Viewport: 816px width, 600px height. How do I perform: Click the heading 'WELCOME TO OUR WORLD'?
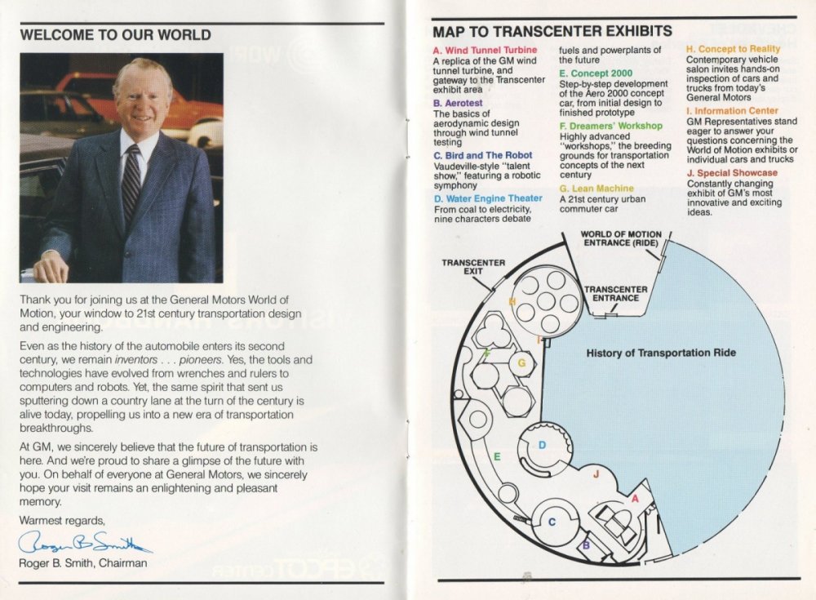tap(115, 35)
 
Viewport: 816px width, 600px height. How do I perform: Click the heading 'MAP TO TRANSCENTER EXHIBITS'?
tap(552, 32)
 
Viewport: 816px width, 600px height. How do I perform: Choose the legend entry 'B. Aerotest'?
tap(458, 104)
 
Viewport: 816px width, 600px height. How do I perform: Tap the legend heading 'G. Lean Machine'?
tap(596, 189)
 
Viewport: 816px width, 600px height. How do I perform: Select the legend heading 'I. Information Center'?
tap(732, 110)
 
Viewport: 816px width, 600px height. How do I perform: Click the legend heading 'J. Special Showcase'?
tap(732, 173)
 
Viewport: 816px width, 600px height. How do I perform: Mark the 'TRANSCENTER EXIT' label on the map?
tap(473, 268)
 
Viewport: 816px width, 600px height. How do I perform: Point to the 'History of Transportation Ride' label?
tap(661, 353)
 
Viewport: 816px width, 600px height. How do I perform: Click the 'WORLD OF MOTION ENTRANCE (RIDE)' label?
tap(621, 238)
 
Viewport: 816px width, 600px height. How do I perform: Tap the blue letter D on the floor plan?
tap(542, 445)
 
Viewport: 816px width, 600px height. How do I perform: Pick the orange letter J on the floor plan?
tap(596, 473)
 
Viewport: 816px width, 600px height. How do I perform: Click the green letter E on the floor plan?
tap(497, 456)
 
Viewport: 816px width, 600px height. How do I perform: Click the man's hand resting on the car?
tap(50, 266)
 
